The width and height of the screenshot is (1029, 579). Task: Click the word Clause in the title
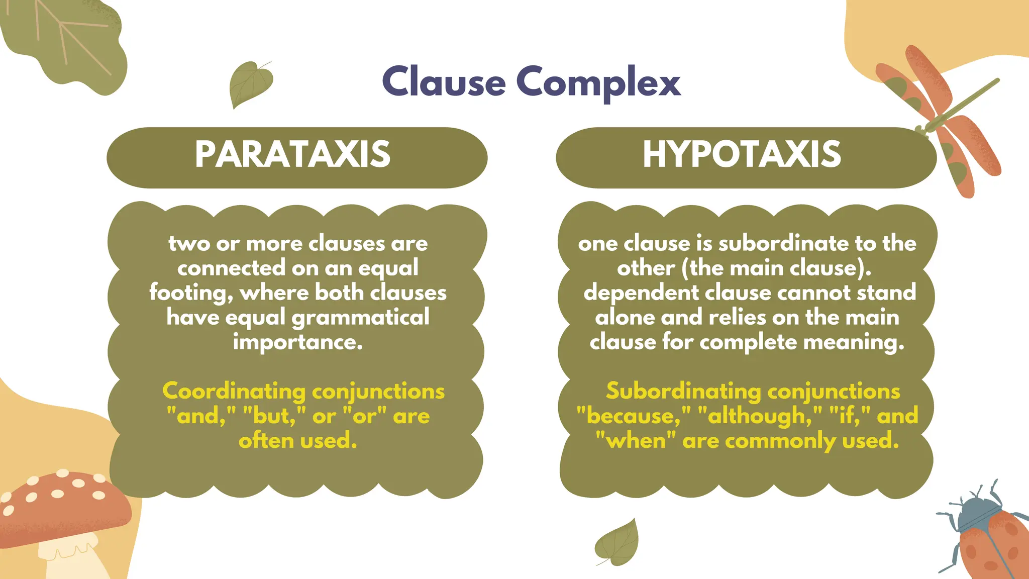pyautogui.click(x=444, y=82)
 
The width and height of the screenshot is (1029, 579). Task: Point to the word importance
pyautogui.click(x=297, y=342)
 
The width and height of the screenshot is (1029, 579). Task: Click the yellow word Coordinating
pyautogui.click(x=234, y=392)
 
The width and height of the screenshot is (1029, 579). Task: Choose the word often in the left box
pyautogui.click(x=266, y=441)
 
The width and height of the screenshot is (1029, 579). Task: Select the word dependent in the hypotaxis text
pyautogui.click(x=641, y=293)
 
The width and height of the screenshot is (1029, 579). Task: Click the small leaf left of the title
pyautogui.click(x=250, y=83)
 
